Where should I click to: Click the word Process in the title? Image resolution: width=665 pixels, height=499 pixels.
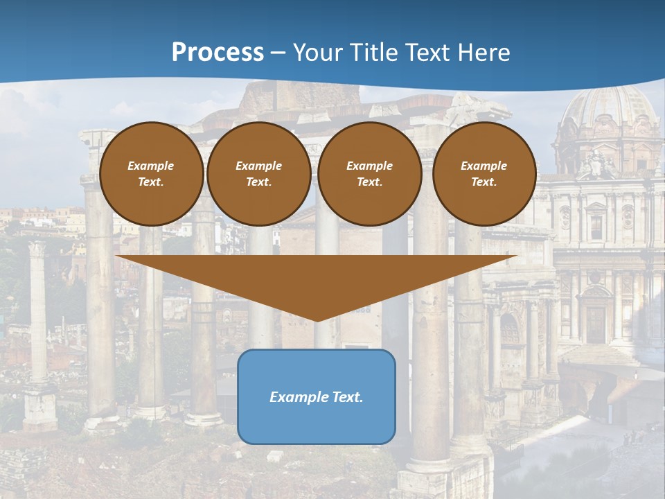(x=218, y=53)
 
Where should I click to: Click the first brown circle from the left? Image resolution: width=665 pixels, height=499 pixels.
(x=152, y=174)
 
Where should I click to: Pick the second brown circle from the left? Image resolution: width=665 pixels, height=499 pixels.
(x=259, y=174)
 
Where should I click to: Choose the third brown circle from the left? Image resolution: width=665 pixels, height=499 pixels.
(x=370, y=174)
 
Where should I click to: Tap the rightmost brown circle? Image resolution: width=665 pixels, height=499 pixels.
(x=484, y=174)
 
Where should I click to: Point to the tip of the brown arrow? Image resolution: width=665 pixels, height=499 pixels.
(x=317, y=320)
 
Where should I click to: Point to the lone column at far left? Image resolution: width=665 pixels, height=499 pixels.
(x=38, y=312)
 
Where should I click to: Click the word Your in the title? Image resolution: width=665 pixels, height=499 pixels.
(x=314, y=53)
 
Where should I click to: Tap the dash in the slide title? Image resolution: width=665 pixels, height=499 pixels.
(x=278, y=53)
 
